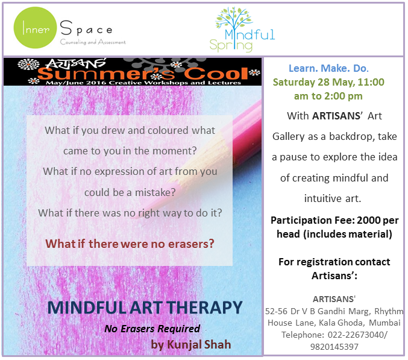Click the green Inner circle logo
[x=35, y=28]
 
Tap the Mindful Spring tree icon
[x=234, y=19]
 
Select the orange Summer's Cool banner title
[x=143, y=74]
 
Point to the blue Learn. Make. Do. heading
[x=328, y=68]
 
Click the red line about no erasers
[x=130, y=244]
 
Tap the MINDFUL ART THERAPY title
[x=145, y=308]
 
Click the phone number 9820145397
[x=334, y=347]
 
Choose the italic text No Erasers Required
[x=152, y=329]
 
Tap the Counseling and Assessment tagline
[x=93, y=42]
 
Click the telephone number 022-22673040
[x=356, y=335]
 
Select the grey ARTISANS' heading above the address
[x=334, y=299]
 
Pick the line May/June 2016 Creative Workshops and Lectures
[x=143, y=83]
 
